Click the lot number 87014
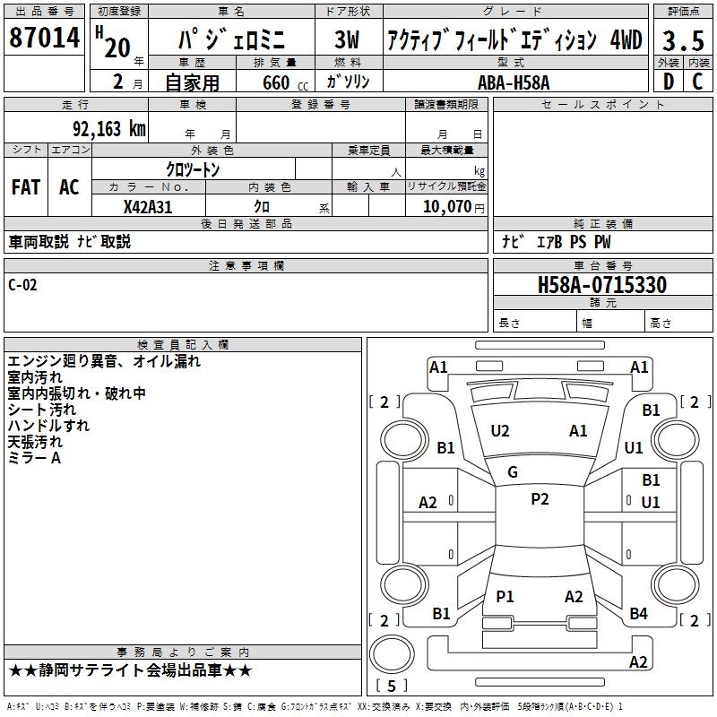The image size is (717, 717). click(x=45, y=39)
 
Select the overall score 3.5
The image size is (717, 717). click(x=683, y=40)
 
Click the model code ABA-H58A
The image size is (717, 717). click(x=513, y=82)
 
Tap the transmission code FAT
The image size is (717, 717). click(x=25, y=186)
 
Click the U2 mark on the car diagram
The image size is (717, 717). click(x=500, y=431)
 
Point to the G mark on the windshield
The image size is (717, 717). click(x=513, y=472)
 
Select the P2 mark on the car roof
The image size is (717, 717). click(x=540, y=499)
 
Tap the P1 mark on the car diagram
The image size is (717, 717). click(x=505, y=596)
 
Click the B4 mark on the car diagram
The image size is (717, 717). click(x=638, y=614)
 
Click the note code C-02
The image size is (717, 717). click(x=22, y=285)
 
